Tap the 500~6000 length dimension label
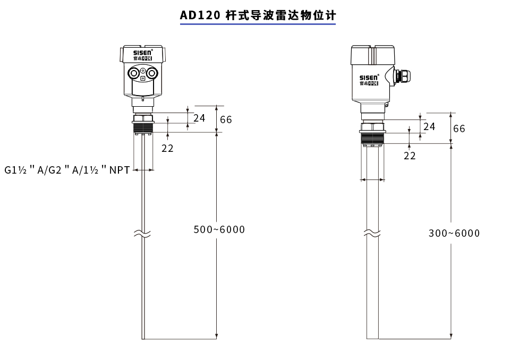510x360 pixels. click(219, 229)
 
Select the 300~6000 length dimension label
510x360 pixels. click(454, 234)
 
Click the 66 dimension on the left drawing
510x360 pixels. click(226, 119)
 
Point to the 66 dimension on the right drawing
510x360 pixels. click(459, 128)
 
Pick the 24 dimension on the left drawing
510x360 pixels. click(199, 118)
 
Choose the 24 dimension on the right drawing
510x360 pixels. click(429, 126)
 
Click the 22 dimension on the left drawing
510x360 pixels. click(167, 149)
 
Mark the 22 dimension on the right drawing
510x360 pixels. click(410, 156)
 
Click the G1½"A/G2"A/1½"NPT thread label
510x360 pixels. click(67, 170)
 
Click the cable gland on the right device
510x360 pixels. click(403, 76)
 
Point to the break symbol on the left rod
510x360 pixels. click(142, 234)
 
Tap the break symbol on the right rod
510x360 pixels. click(372, 234)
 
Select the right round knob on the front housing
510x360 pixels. click(152, 73)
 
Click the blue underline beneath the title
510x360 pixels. click(258, 24)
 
